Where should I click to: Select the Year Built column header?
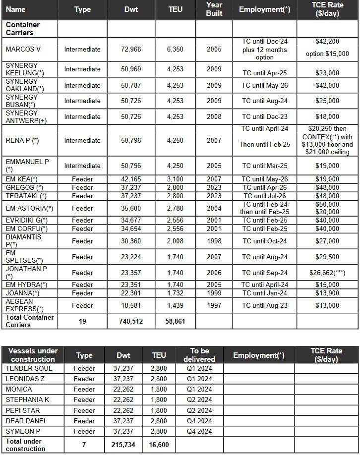click(214, 9)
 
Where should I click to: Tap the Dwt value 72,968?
click(131, 49)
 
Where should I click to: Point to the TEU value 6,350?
click(175, 49)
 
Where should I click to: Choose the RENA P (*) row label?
click(22, 140)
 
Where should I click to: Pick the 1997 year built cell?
click(214, 305)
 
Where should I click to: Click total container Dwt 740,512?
click(131, 321)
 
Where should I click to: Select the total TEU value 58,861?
click(175, 321)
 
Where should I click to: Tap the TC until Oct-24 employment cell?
click(264, 241)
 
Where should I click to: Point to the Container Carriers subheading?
click(23, 29)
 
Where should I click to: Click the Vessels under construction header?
click(33, 355)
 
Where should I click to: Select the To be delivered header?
click(199, 355)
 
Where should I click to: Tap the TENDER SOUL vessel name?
click(29, 368)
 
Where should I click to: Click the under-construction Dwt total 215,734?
click(123, 445)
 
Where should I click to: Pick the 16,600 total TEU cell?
click(159, 445)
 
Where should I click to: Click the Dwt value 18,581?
click(131, 305)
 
